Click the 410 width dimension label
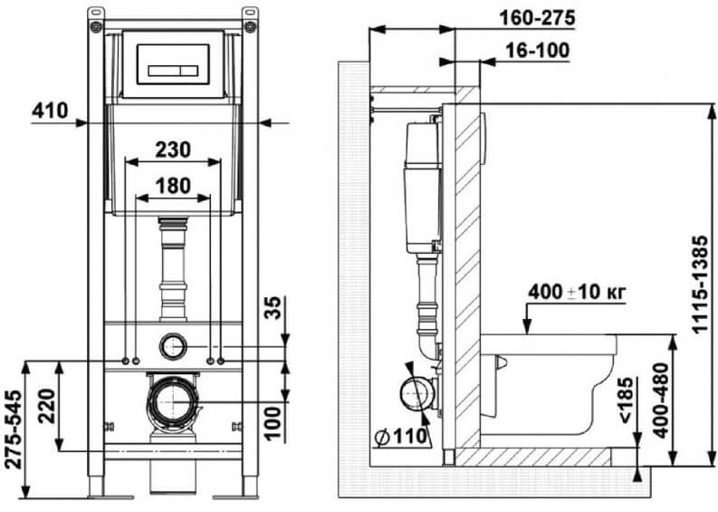(51, 111)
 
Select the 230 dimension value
(173, 150)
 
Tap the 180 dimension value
(173, 186)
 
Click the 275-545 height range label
(14, 429)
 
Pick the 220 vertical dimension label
(47, 407)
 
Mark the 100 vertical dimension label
(273, 423)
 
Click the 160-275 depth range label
(537, 18)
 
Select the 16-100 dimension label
(538, 51)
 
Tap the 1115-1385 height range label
(700, 285)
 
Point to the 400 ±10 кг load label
(577, 292)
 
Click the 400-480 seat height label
(661, 401)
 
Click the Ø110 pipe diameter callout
(401, 437)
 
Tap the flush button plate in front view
(173, 64)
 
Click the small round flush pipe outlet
(174, 346)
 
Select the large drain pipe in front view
(174, 401)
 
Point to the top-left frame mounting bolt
(95, 26)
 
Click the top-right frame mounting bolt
(250, 26)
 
